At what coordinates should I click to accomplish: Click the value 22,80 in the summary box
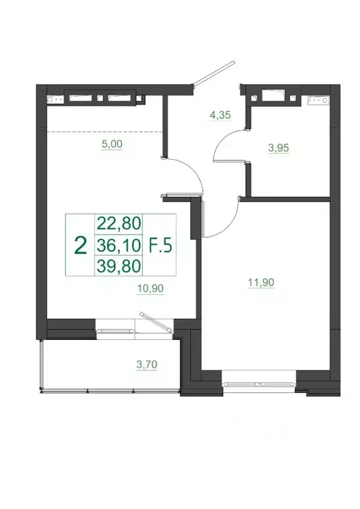coord(119,223)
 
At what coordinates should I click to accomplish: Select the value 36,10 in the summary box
coord(119,246)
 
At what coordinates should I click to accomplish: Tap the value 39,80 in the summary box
coord(119,266)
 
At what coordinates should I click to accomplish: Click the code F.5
coord(160,246)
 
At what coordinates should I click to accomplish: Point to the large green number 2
coord(80,246)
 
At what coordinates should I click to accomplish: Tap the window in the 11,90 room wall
coord(259,383)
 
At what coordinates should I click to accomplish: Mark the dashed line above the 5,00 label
coord(105,132)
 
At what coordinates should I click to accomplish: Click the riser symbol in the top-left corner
coord(52,100)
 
